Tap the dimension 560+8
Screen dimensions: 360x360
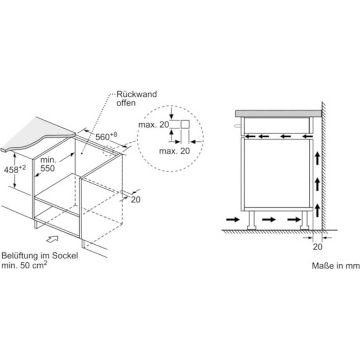104,136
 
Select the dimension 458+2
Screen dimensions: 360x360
14,169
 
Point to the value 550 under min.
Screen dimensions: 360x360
47,168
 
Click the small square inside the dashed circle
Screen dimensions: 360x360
185,124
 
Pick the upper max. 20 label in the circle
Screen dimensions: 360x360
154,124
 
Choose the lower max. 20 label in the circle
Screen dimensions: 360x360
174,152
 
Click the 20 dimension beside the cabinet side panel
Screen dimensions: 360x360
136,199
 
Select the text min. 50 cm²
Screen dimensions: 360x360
24,265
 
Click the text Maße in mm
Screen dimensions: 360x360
335,266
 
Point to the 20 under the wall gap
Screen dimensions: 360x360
317,247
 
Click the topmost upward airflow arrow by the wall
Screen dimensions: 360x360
317,159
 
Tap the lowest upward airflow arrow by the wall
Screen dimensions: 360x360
317,210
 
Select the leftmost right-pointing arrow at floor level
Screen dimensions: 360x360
232,220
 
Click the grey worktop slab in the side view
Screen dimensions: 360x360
278,114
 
